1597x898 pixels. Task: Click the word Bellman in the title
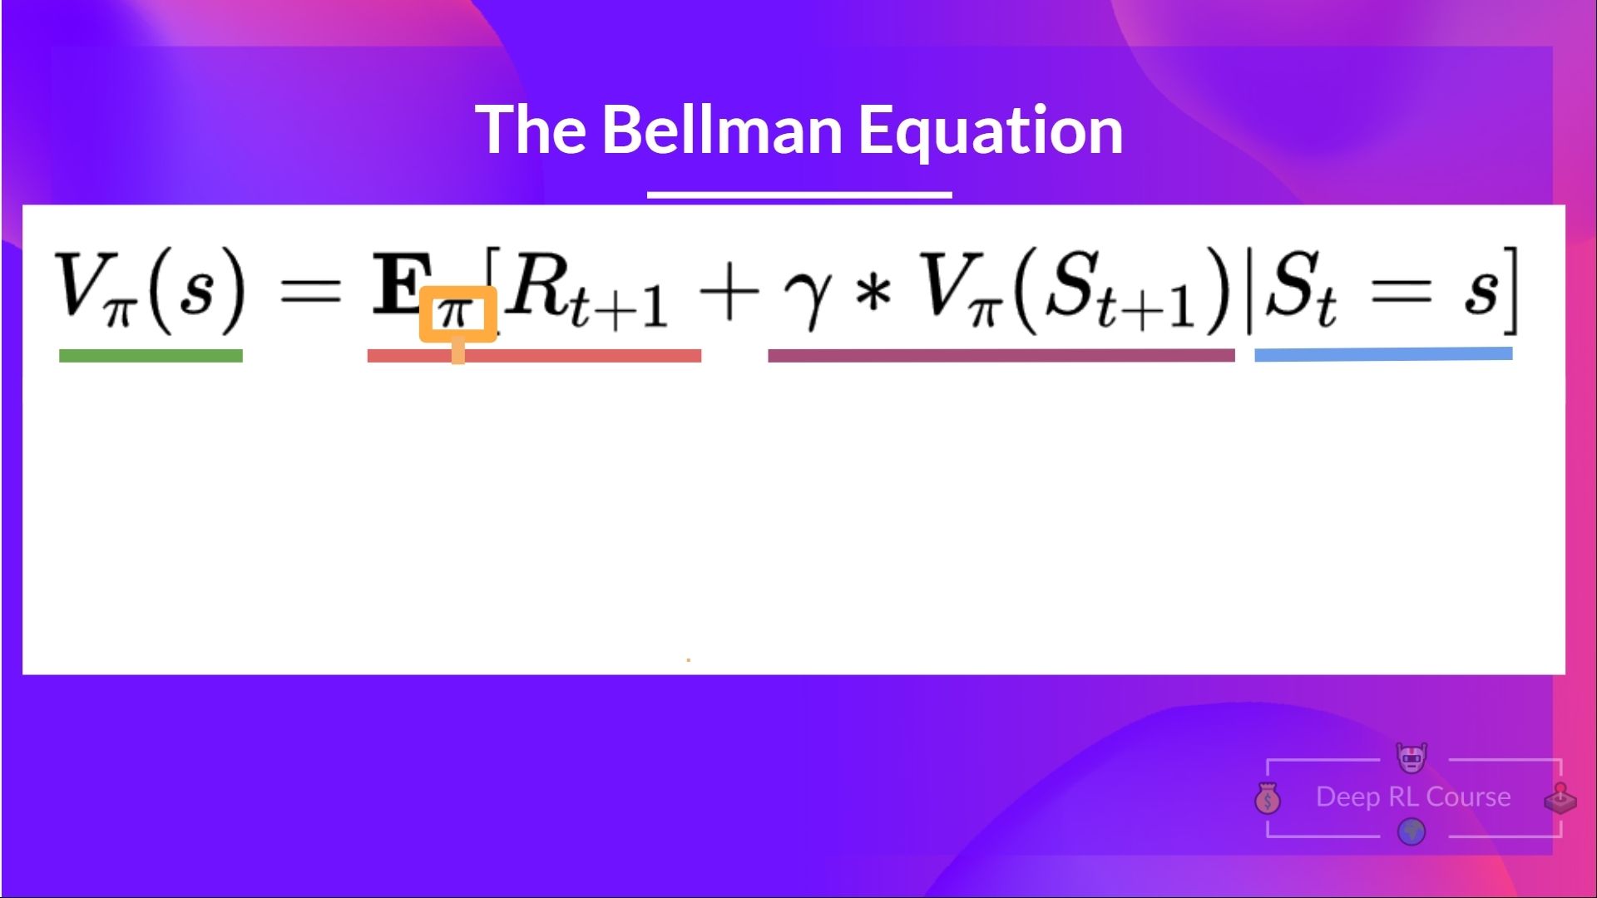tap(721, 131)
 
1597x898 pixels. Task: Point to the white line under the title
tap(799, 195)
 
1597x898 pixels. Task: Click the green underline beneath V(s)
tap(151, 356)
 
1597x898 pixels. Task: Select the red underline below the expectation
tap(582, 356)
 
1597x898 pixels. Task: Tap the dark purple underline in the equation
tap(1001, 356)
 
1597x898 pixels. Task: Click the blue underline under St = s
tap(1382, 354)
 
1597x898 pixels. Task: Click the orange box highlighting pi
tap(457, 313)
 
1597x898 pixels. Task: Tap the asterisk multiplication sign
tap(873, 293)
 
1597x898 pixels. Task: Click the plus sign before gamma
tap(729, 293)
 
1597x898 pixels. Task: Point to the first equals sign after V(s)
tap(310, 291)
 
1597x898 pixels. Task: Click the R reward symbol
tap(536, 285)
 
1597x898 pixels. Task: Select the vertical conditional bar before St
tap(1249, 291)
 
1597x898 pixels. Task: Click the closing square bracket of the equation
tap(1511, 291)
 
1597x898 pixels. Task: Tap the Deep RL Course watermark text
tap(1412, 797)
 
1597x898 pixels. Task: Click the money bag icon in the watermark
tap(1268, 799)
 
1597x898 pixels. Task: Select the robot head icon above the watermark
tap(1412, 757)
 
